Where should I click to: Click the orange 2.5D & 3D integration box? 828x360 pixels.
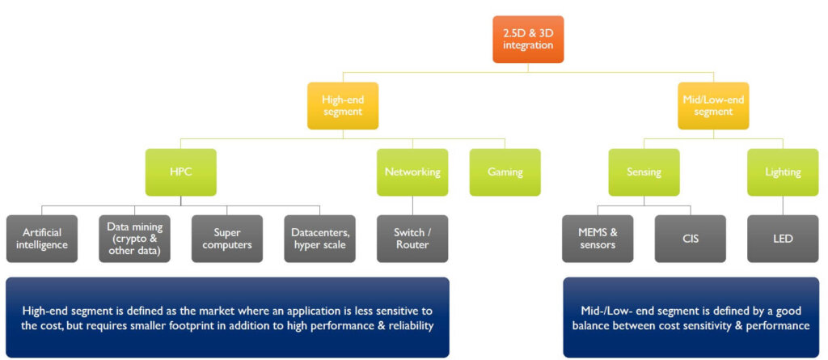click(x=528, y=40)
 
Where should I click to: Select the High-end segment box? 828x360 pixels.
click(x=343, y=106)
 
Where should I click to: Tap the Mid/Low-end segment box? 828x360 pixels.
click(x=713, y=106)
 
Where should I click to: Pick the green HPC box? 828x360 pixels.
click(x=180, y=172)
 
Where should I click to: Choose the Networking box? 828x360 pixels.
click(x=412, y=172)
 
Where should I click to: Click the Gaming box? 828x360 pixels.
click(x=505, y=172)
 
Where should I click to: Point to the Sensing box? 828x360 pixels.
click(x=644, y=172)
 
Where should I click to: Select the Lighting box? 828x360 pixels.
click(x=783, y=172)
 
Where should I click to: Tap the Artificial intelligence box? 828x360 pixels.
click(x=42, y=239)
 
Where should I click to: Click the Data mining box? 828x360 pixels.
click(x=135, y=239)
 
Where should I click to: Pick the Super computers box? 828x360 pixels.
click(x=227, y=239)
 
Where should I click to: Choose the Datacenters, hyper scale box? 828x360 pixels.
click(x=320, y=239)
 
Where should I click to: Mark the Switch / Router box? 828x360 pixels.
click(x=412, y=239)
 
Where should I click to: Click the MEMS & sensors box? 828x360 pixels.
click(x=598, y=239)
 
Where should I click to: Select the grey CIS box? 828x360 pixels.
click(x=691, y=239)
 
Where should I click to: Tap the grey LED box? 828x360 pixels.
click(x=783, y=239)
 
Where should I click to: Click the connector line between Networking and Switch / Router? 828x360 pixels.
click(x=412, y=205)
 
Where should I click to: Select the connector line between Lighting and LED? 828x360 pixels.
click(x=783, y=205)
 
